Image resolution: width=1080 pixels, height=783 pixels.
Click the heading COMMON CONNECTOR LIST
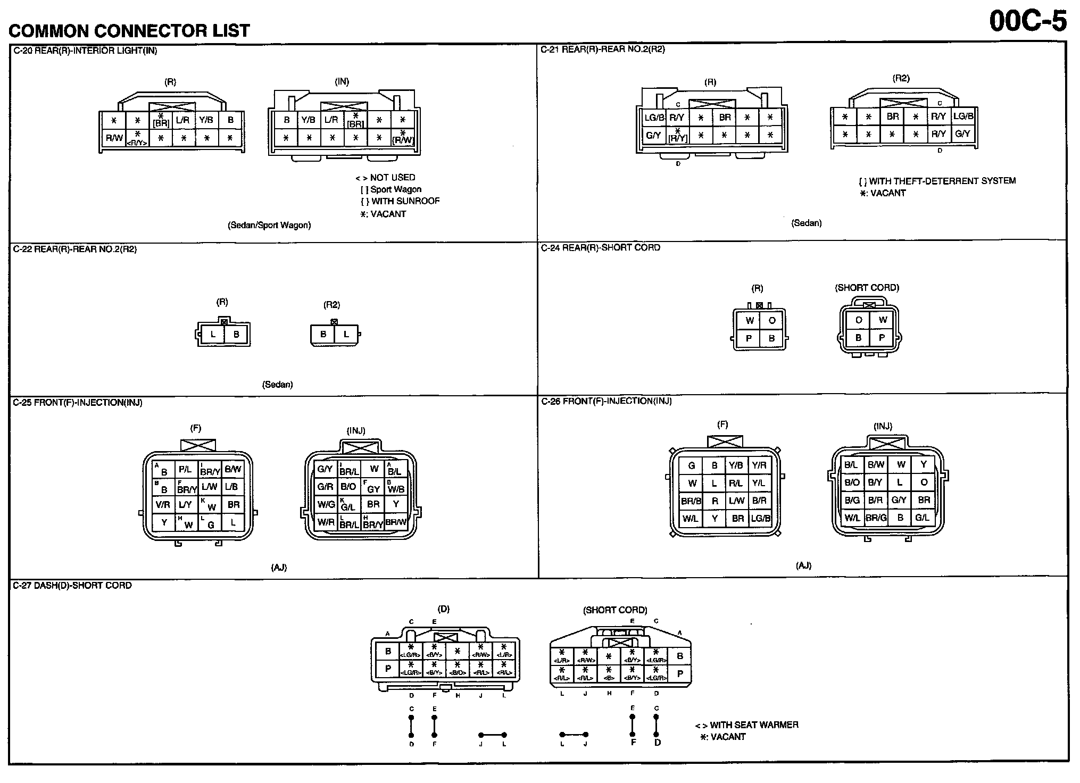(129, 31)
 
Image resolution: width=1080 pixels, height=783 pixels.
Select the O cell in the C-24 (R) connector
(771, 320)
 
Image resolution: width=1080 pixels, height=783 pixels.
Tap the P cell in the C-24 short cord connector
(882, 337)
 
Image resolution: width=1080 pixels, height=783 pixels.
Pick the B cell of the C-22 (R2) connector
(323, 335)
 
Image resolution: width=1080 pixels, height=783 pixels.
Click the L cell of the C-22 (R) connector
(213, 335)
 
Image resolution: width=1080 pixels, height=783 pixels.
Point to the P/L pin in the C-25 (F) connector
(185, 469)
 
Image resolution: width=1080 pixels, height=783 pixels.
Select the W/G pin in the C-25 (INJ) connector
(326, 504)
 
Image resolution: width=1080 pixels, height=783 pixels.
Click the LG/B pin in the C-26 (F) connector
(760, 518)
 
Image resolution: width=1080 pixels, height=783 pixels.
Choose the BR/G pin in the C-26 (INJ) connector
(876, 518)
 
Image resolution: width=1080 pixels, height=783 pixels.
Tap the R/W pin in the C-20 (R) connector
(114, 138)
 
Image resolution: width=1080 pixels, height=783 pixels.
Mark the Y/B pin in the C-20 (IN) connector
(309, 120)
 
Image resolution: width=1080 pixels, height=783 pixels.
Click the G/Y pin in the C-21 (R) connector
(653, 135)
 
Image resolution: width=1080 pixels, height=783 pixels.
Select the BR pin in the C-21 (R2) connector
(893, 116)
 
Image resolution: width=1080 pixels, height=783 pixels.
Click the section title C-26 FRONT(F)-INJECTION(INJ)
(607, 401)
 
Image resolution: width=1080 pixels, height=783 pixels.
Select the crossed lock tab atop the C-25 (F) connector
(198, 445)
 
